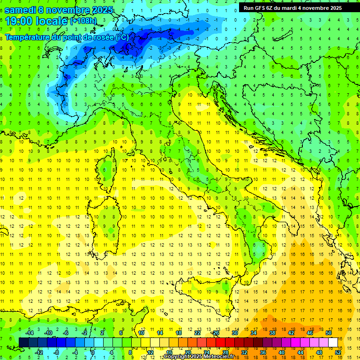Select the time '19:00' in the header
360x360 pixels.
click(20, 21)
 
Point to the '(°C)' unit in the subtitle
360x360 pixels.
click(121, 37)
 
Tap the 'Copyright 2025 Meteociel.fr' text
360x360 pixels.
click(199, 357)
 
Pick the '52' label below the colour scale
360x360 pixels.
click(338, 352)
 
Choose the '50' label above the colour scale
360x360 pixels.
click(329, 333)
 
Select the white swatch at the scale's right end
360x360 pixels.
click(333, 342)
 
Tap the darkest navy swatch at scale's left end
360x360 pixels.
click(23, 342)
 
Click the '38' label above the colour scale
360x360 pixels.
click(272, 333)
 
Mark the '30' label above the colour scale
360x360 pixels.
click(235, 333)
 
